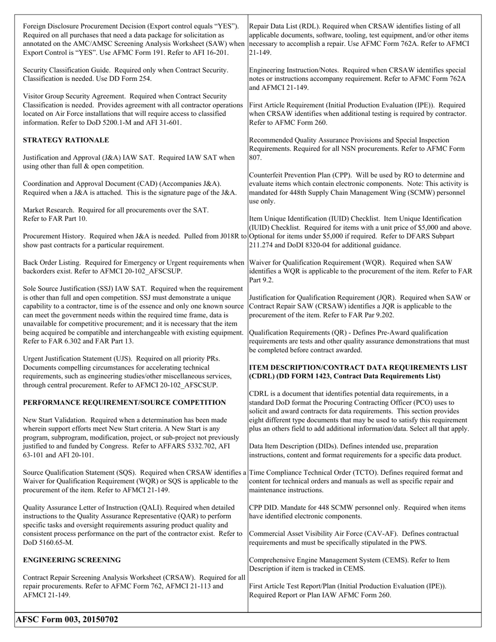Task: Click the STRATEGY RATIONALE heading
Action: tap(66, 140)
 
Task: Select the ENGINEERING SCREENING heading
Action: tap(72, 560)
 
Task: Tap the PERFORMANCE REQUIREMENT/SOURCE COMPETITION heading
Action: tap(124, 402)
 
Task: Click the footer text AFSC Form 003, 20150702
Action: tap(67, 620)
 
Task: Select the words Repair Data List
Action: tap(275, 26)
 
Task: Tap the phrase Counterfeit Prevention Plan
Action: tap(294, 175)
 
